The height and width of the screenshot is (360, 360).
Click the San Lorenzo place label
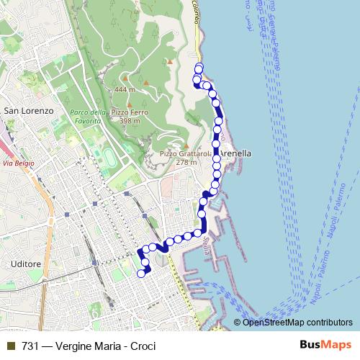pyautogui.click(x=29, y=111)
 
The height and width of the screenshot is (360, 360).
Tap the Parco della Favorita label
pyautogui.click(x=89, y=116)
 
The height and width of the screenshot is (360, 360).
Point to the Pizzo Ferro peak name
pyautogui.click(x=130, y=112)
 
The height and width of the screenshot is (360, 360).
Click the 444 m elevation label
pyautogui.click(x=125, y=89)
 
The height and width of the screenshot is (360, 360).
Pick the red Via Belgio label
pyautogui.click(x=19, y=163)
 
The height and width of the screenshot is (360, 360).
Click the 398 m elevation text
pyautogui.click(x=130, y=120)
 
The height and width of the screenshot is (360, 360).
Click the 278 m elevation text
pyautogui.click(x=186, y=162)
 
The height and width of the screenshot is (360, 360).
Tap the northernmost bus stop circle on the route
pyautogui.click(x=199, y=68)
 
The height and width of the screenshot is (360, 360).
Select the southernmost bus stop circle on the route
pyautogui.click(x=142, y=274)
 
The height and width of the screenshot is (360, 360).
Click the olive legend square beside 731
pyautogui.click(x=10, y=346)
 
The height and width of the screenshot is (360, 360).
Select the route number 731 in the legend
pyautogui.click(x=30, y=346)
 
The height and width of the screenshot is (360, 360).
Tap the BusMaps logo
pyautogui.click(x=325, y=346)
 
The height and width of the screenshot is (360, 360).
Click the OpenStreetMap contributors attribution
pyautogui.click(x=297, y=322)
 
